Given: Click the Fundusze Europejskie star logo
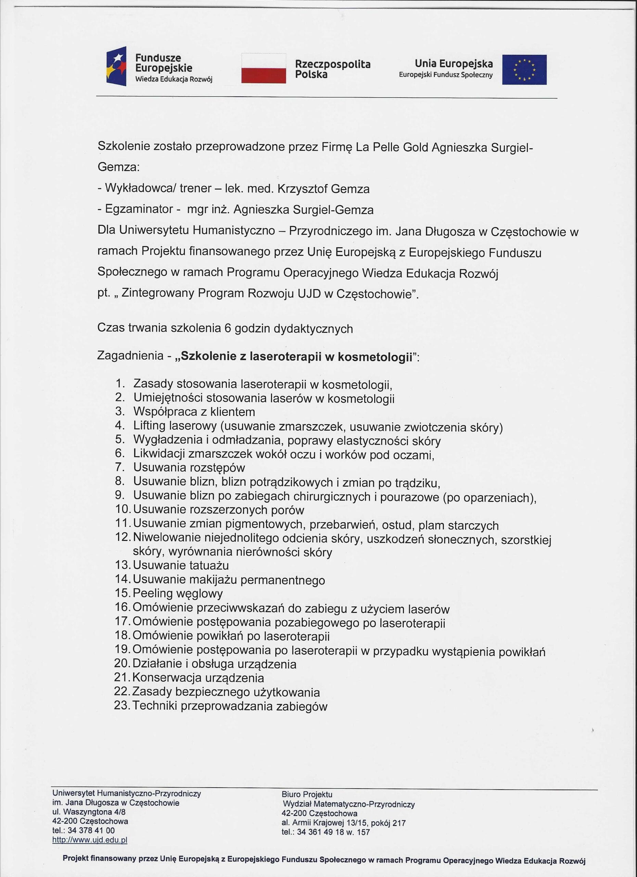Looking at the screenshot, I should [116, 66].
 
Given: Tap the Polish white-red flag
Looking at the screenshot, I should [264, 69].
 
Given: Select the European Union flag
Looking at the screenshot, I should [524, 70].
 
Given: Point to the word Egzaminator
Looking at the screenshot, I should [139, 209].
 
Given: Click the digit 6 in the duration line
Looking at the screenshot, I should [228, 328].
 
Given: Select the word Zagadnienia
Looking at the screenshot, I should [130, 355].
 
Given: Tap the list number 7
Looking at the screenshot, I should [119, 467].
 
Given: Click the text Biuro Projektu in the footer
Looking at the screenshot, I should [307, 795].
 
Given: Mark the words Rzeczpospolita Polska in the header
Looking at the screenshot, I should [332, 69].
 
